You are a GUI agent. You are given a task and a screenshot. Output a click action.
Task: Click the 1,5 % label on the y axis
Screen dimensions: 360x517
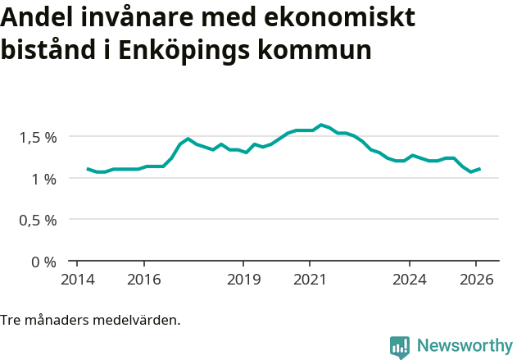tap(38, 137)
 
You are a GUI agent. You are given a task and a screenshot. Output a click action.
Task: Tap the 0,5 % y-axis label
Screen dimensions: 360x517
tap(38, 221)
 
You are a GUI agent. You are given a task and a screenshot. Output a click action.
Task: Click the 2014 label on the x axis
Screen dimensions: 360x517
tap(77, 279)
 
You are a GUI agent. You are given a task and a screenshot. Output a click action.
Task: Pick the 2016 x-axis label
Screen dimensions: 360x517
tap(143, 279)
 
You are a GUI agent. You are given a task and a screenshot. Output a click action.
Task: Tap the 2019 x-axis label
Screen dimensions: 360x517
tap(243, 279)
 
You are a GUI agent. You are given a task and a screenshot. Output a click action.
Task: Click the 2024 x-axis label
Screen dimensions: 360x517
tap(410, 279)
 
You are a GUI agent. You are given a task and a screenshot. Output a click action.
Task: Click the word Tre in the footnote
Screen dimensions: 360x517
tap(11, 320)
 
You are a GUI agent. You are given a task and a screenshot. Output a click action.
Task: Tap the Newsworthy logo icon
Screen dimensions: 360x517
tap(400, 347)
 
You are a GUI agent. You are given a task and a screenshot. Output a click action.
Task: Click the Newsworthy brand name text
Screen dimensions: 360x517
tap(464, 346)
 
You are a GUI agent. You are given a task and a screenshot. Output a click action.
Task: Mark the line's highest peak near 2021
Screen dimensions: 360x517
tap(320, 125)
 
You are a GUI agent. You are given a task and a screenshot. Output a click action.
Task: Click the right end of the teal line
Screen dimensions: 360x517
tap(480, 169)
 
